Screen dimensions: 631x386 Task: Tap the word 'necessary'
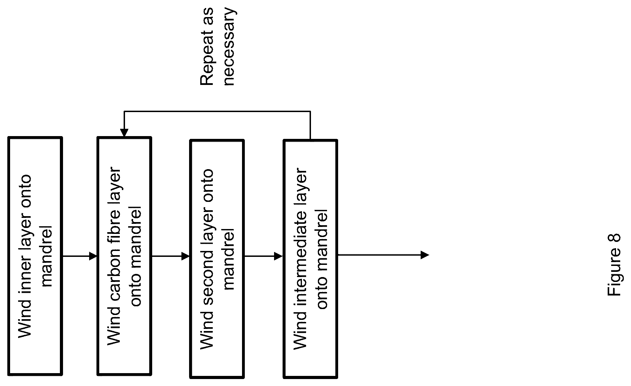pos(229,46)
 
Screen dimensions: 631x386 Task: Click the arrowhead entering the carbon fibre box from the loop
pos(124,133)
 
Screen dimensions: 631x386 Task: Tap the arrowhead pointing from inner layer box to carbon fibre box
pos(93,256)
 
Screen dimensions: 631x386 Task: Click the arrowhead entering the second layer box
pos(186,257)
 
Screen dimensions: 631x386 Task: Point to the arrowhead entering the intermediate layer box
pos(279,257)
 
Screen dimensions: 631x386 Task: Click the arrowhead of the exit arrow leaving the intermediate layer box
pos(425,255)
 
